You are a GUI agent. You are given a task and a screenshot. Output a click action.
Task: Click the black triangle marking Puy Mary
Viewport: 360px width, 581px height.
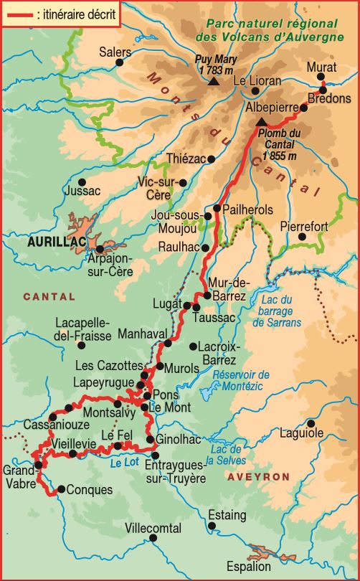(x=213, y=82)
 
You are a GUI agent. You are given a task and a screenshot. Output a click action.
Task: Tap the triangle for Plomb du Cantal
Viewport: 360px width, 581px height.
(x=260, y=123)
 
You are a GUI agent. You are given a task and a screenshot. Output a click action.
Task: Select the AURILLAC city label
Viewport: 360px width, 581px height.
(x=52, y=242)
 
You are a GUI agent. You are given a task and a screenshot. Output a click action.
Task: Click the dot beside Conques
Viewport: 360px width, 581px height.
(x=60, y=491)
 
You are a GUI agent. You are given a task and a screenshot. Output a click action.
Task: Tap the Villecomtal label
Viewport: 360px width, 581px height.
(x=153, y=528)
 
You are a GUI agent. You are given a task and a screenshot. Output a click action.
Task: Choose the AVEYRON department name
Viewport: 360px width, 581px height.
(x=259, y=476)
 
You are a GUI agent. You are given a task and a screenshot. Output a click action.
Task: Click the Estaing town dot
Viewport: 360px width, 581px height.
(x=213, y=527)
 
